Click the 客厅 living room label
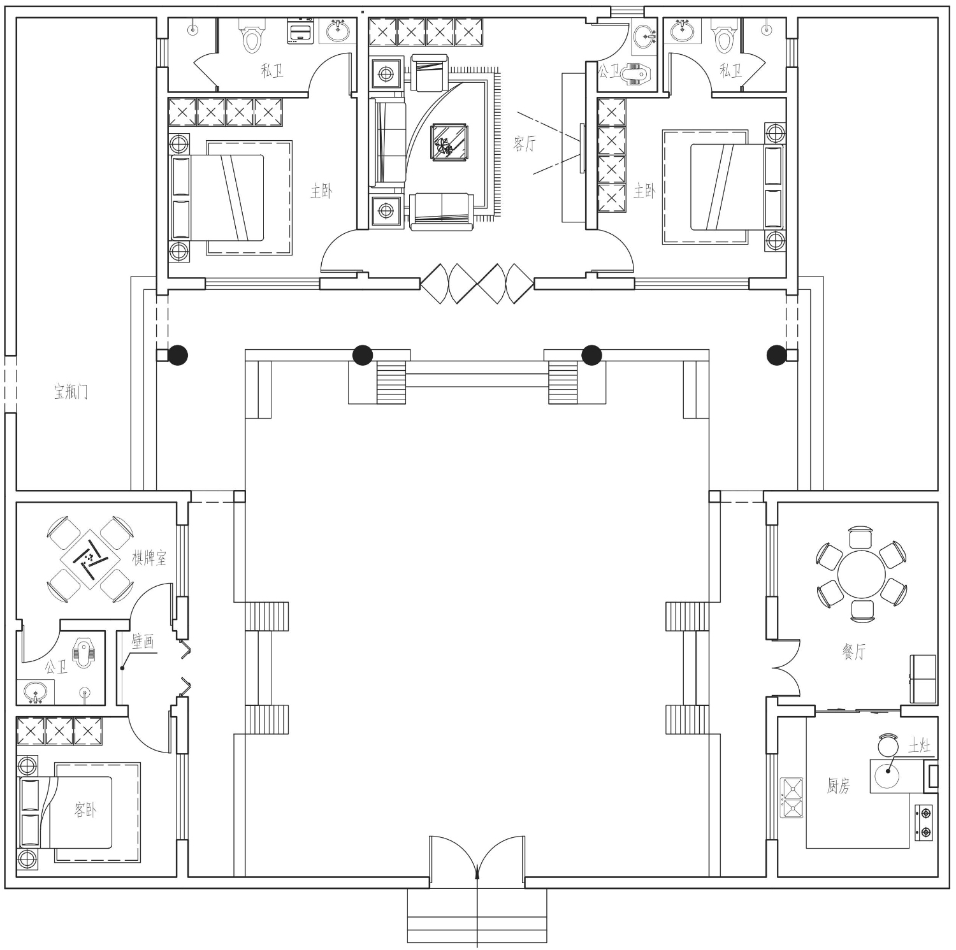[x=525, y=144]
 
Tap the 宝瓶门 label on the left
[x=71, y=392]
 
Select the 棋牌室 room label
[x=149, y=559]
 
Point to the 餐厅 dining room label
[x=854, y=651]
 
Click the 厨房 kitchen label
[x=838, y=787]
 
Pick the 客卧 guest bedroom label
[x=85, y=810]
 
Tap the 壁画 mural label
[x=143, y=641]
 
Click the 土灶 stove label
[x=919, y=746]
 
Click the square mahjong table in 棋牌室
[x=90, y=559]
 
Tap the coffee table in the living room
[x=450, y=141]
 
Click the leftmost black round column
[x=178, y=355]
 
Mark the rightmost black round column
[x=777, y=355]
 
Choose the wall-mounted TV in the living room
[x=582, y=148]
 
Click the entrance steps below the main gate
[x=477, y=916]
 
